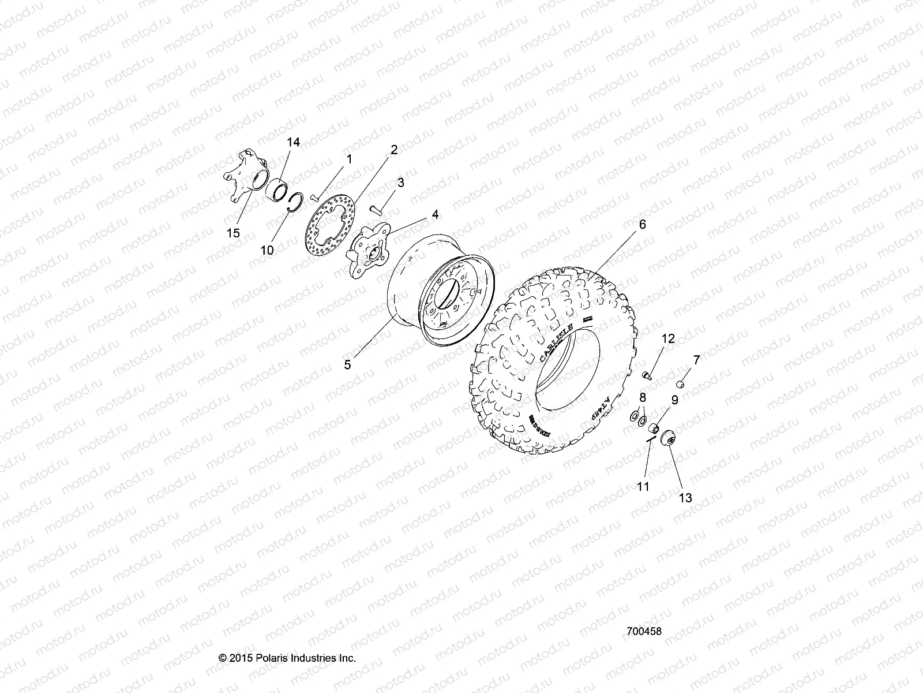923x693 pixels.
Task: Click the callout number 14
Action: pyautogui.click(x=293, y=142)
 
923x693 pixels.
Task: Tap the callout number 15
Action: pyautogui.click(x=233, y=233)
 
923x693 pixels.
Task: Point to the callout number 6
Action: pyautogui.click(x=626, y=225)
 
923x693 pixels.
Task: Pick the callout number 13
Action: pyautogui.click(x=685, y=497)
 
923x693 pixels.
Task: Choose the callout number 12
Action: pyautogui.click(x=667, y=338)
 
